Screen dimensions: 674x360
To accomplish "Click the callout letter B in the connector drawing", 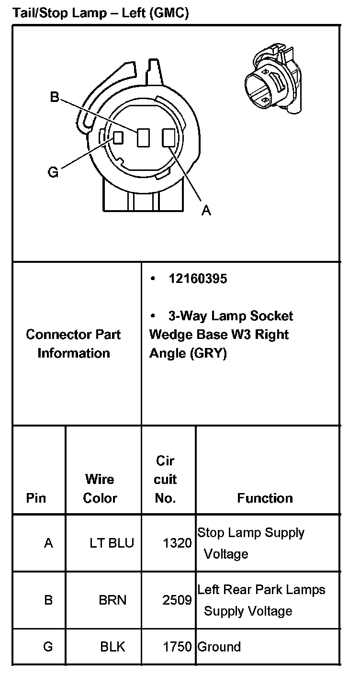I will (55, 97).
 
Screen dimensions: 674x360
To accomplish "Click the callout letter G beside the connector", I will (53, 172).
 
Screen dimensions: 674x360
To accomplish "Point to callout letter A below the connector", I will (206, 210).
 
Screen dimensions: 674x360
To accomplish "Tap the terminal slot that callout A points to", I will (169, 138).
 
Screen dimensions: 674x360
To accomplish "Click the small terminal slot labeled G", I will (118, 137).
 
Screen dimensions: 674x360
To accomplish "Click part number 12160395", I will (197, 279).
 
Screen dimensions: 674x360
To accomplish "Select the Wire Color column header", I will (100, 488).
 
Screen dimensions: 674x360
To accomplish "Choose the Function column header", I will (265, 498).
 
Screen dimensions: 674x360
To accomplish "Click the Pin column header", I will (36, 498).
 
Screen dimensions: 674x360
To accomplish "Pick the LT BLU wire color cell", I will (112, 543).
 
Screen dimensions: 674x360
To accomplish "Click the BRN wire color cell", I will (113, 599).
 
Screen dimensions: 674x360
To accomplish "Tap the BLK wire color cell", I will (112, 647).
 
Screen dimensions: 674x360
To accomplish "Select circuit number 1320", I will (177, 543).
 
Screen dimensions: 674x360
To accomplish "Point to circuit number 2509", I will (177, 599).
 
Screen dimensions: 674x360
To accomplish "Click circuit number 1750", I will (177, 647).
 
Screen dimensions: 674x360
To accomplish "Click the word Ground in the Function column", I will (219, 647).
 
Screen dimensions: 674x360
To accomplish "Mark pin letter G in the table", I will (48, 647).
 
